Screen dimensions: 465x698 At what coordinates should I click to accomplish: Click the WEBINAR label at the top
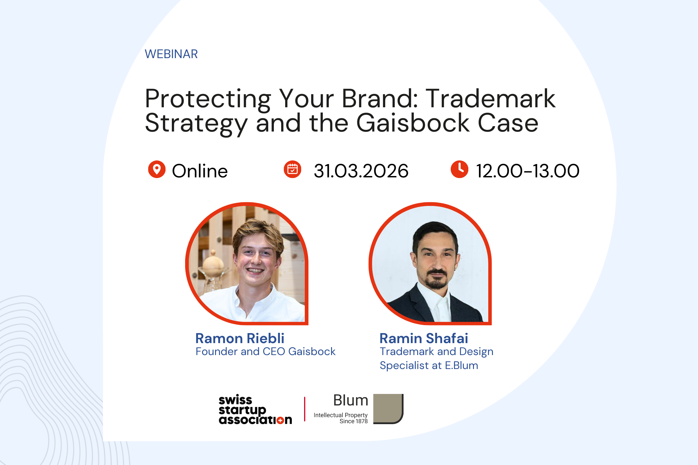tap(171, 54)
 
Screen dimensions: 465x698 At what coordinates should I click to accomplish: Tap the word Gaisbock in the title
tap(413, 123)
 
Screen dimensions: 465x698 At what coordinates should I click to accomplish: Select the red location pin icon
tap(157, 169)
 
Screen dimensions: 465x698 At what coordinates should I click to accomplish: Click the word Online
tap(199, 171)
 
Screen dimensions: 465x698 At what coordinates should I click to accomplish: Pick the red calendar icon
tap(292, 169)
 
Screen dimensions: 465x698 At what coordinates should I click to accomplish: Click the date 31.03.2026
tap(361, 171)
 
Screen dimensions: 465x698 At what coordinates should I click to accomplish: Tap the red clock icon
tap(459, 169)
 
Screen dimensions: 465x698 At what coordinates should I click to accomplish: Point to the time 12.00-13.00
tap(527, 171)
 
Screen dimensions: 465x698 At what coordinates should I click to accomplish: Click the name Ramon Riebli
tap(240, 338)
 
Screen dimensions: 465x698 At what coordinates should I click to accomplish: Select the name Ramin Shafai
tap(424, 338)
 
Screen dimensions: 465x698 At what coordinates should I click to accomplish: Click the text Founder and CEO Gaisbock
tap(265, 351)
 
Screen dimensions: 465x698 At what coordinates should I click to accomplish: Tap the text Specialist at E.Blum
tap(429, 365)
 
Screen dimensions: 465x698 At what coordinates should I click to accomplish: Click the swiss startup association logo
tap(255, 410)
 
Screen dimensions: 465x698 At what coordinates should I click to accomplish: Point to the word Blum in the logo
tap(351, 400)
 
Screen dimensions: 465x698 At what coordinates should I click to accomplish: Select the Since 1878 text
tap(353, 421)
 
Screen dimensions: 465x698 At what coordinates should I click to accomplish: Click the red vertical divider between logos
tap(304, 409)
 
